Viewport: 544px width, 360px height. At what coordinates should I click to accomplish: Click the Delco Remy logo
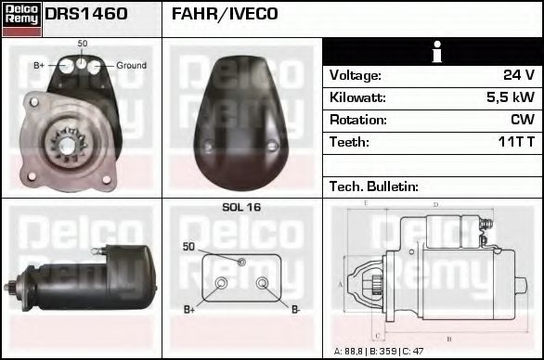coord(21,18)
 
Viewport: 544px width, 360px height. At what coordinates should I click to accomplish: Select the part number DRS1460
coord(86,15)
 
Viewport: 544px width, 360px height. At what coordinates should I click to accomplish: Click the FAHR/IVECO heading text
coord(224,15)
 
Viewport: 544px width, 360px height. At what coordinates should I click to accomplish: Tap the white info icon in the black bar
coord(433,52)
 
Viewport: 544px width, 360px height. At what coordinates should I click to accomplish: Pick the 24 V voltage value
coord(518,75)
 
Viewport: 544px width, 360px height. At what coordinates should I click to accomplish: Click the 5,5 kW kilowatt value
coord(511,97)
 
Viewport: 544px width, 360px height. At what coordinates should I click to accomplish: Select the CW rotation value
coord(524,120)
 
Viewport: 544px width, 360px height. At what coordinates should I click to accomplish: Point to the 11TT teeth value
coord(515,142)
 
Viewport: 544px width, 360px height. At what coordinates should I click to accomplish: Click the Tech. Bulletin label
coord(374,186)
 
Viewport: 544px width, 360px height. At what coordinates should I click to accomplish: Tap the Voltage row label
coord(355,75)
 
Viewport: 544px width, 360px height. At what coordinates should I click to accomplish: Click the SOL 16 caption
coord(241,208)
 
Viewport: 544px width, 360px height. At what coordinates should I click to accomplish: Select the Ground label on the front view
coord(131,66)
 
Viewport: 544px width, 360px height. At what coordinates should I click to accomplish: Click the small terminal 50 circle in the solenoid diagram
coord(241,263)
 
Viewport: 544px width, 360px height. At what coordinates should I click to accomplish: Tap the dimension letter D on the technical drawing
coord(435,205)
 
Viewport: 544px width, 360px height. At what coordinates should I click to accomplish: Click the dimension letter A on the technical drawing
coord(341,284)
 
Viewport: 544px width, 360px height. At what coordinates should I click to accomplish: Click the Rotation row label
coord(357,120)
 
